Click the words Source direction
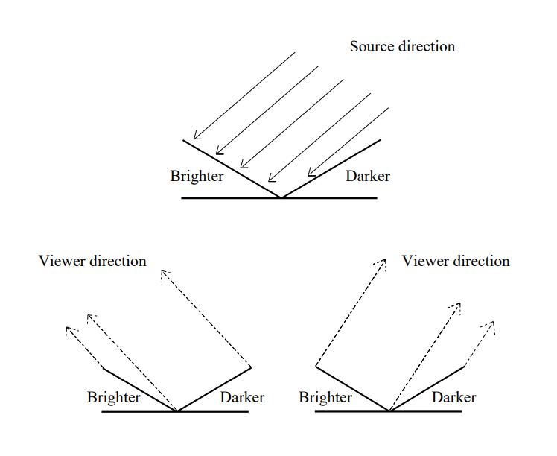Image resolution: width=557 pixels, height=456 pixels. point(402,46)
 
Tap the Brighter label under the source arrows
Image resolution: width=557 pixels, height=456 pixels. point(197,177)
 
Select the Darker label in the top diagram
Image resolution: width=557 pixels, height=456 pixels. point(368,177)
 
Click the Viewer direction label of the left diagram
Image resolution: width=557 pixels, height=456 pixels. point(92,261)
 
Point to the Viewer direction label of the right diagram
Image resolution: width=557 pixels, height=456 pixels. point(456,261)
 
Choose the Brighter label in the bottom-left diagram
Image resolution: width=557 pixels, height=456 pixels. point(113,397)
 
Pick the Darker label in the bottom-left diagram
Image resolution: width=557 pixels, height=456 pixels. point(242,397)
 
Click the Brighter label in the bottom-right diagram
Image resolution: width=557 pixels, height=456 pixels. point(325,397)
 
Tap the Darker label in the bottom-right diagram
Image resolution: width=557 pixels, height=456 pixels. point(453,397)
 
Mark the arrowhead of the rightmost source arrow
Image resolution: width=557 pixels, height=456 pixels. point(310,173)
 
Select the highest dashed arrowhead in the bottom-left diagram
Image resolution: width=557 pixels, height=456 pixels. point(162,273)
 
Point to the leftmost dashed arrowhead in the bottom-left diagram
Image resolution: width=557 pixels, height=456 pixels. point(69,329)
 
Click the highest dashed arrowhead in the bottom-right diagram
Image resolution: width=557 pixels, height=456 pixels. point(384,261)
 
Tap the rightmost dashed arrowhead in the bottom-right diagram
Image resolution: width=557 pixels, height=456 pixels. point(492,323)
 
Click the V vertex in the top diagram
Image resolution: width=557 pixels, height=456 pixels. point(280,197)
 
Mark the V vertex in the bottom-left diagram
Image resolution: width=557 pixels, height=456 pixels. point(177,411)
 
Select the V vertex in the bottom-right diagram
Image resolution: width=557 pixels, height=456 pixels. point(389,411)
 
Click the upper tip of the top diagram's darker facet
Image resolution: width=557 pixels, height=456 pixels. point(381,139)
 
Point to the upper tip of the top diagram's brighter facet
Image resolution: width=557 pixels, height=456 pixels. point(184,140)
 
